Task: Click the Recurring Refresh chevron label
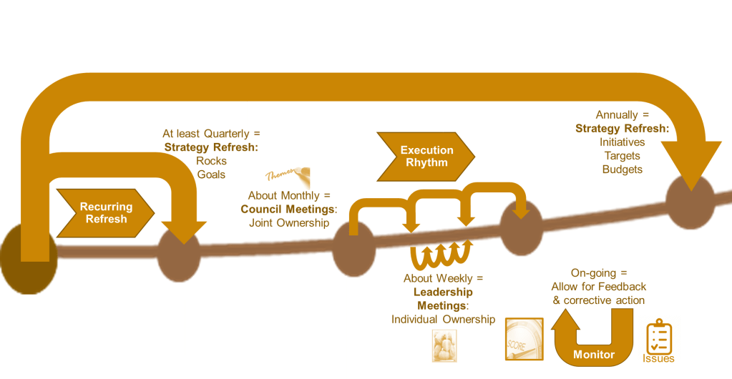[x=106, y=212]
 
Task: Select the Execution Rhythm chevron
[x=426, y=156]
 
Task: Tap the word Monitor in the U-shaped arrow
[x=594, y=355]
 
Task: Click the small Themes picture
[x=285, y=174]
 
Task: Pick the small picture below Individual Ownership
[x=444, y=345]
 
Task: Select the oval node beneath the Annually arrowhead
[x=690, y=202]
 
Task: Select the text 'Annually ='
[x=622, y=115]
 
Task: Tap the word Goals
[x=212, y=174]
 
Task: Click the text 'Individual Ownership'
[x=444, y=319]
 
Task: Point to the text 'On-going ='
[x=600, y=273]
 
